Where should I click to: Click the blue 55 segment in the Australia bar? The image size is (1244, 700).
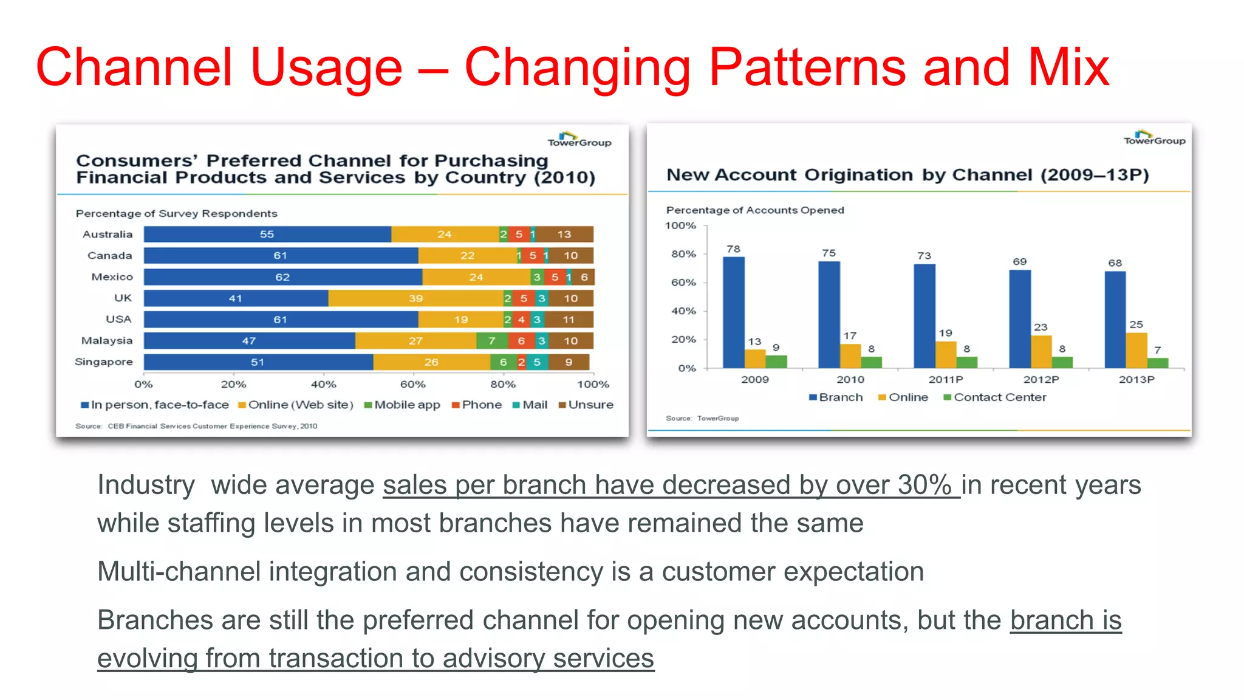coord(267,235)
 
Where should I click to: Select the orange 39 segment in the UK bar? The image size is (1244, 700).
coord(415,298)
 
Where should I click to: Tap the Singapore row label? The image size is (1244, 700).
coord(104,362)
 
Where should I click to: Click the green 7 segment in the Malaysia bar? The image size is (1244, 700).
coord(492,341)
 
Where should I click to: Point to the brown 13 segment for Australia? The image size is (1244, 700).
coord(564,235)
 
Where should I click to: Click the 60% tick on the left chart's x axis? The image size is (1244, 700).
coord(413,385)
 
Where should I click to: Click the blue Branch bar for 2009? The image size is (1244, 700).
coord(734,312)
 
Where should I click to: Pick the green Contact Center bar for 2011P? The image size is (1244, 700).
coord(967,362)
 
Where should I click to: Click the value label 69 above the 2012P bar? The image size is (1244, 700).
coord(1020,262)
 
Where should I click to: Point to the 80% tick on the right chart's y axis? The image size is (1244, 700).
coord(684,254)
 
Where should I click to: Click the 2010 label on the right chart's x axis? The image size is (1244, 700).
coord(850,380)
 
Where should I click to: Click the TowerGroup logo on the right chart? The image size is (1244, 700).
coord(1154,138)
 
